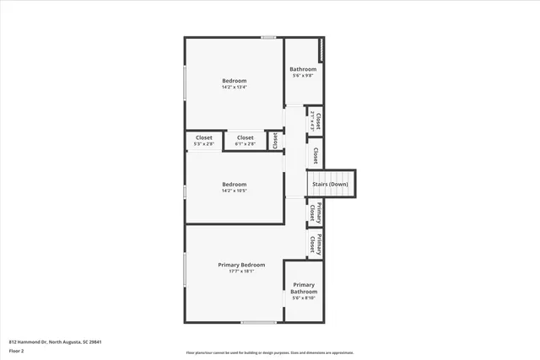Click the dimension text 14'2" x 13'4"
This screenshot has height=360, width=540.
coord(234,87)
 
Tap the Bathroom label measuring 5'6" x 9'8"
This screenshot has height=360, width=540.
coord(303,69)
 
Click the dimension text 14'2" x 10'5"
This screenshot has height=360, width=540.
coord(234,191)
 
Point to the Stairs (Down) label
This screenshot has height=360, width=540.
coord(331,184)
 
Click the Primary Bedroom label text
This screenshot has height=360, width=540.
coord(241,265)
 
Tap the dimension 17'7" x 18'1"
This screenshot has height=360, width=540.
coord(241,271)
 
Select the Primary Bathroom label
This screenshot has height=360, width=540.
coord(303,288)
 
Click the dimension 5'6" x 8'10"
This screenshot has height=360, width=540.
coord(303,298)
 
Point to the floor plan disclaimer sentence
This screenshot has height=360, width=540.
coord(269,353)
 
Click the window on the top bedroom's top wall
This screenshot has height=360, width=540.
coord(268,37)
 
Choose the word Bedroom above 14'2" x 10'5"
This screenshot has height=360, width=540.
coord(234,184)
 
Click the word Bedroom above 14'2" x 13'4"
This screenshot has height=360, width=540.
coord(234,80)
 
